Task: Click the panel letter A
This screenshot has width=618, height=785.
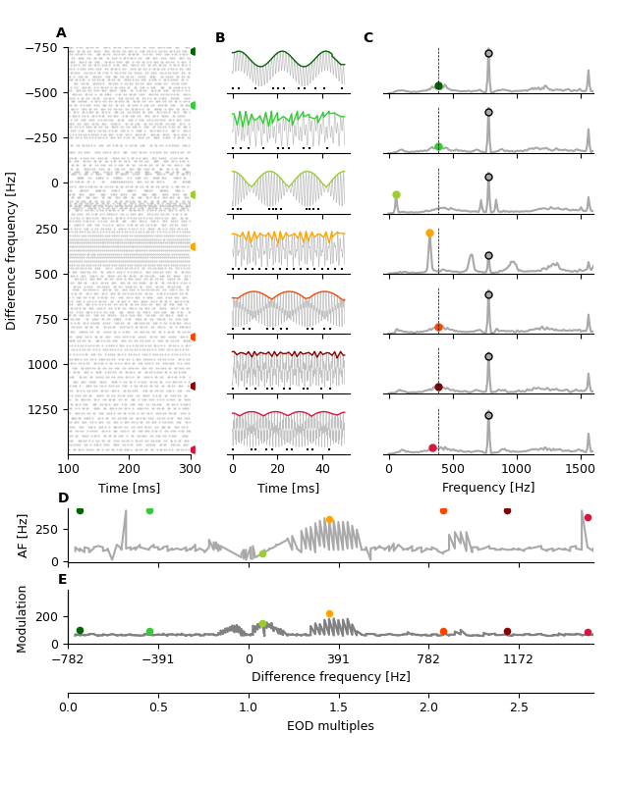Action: pos(61,33)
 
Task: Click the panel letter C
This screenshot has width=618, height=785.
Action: pos(367,38)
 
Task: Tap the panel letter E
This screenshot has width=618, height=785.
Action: pos(63,580)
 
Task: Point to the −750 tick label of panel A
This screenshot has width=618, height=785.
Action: pos(39,48)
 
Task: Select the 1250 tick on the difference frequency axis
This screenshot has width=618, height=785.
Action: pos(43,409)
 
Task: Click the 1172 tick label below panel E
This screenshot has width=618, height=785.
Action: pos(518,659)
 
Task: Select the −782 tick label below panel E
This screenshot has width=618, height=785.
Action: pos(68,659)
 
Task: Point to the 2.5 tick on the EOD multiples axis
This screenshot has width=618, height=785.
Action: pos(519,707)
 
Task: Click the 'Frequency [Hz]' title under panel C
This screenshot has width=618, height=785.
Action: pos(488,488)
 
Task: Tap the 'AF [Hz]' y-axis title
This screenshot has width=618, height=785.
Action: pos(24,535)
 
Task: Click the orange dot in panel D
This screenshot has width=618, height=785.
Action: pos(329,520)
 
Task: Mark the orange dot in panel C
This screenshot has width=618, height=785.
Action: pos(429,234)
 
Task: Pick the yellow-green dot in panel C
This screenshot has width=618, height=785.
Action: pos(396,195)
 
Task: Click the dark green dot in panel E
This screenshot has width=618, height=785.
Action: pos(80,631)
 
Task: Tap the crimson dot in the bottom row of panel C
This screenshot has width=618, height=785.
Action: pos(432,448)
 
